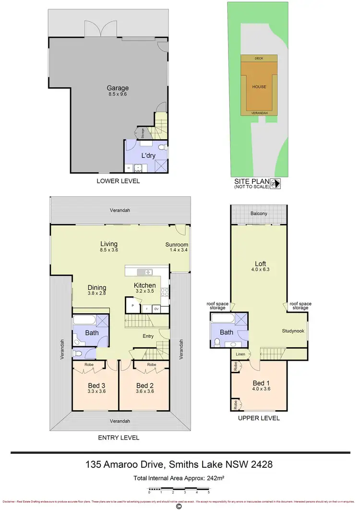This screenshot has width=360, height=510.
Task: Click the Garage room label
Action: point(118,88)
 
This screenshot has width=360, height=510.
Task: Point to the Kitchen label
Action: point(144,285)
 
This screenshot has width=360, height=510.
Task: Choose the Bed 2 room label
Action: point(144,386)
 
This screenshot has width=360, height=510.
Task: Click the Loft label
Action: point(261,263)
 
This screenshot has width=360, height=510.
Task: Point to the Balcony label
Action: point(258,213)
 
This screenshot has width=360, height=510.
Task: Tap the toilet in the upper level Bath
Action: point(217,342)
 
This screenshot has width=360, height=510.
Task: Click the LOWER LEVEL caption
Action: point(118,181)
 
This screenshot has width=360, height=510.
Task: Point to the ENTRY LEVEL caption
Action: point(119,438)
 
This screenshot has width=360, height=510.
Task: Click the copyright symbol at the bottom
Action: point(179,506)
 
